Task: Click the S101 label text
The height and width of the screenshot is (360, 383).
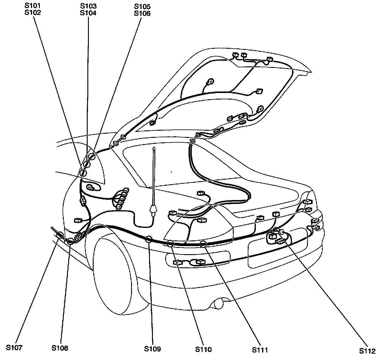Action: (33, 6)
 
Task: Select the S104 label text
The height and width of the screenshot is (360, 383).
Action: (88, 13)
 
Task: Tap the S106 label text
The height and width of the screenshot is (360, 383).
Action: (142, 13)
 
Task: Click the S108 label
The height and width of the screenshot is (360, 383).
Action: (60, 348)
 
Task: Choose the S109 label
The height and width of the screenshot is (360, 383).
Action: (152, 349)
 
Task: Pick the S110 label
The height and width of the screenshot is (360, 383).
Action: (203, 349)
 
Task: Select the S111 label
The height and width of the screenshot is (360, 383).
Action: (259, 350)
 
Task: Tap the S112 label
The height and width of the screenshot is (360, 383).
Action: (368, 350)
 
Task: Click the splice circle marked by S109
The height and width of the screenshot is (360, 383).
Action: (148, 239)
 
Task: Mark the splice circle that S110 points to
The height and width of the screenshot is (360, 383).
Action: (170, 243)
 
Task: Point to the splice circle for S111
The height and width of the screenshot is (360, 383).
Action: (203, 244)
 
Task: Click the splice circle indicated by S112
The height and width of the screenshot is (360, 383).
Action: (276, 230)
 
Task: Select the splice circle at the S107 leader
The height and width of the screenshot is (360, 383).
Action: (60, 235)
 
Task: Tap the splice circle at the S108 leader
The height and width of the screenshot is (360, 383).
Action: (70, 241)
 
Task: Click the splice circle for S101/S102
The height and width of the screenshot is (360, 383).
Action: (83, 173)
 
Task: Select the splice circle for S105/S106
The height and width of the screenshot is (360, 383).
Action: (92, 156)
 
